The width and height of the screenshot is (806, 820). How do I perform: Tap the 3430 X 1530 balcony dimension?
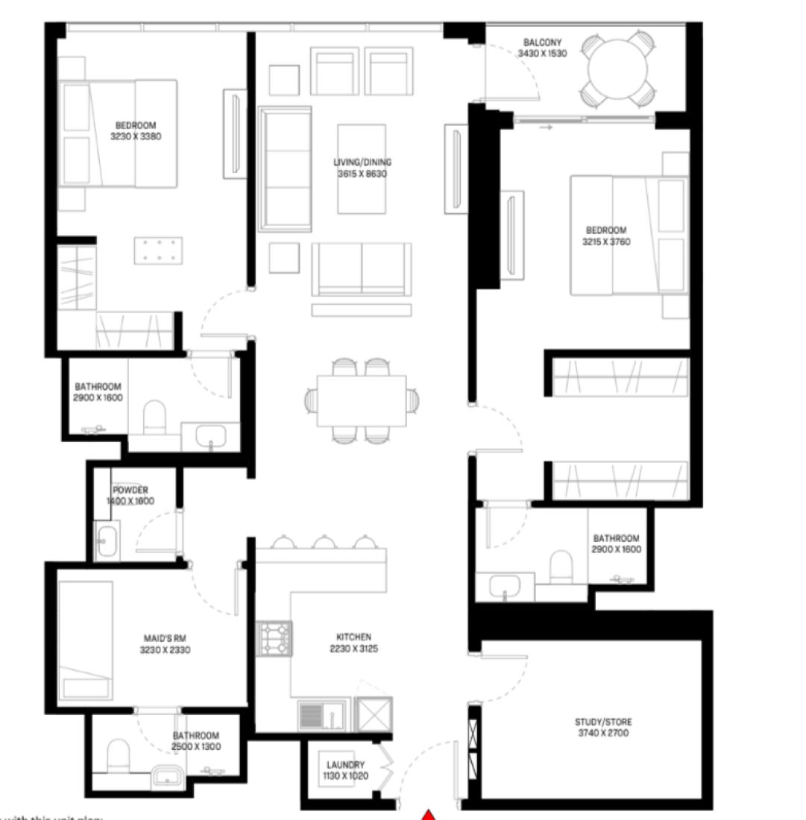point(542,54)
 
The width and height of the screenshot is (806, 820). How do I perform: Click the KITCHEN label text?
point(353,637)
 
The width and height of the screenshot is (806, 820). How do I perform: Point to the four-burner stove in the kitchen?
point(275,639)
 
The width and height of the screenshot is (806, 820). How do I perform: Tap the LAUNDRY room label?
point(345,765)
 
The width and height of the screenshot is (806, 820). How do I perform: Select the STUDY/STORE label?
point(603,722)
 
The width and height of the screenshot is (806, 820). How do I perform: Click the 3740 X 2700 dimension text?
point(603,734)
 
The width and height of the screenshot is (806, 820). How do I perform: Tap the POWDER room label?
point(130,490)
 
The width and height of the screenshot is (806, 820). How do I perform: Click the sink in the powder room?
point(108,542)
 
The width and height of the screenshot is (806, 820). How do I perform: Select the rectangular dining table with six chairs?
point(362,400)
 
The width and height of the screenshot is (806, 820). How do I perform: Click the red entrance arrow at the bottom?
point(428,813)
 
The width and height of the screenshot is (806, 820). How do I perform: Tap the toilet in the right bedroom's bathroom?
point(561,567)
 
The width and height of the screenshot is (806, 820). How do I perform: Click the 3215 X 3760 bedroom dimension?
point(605,242)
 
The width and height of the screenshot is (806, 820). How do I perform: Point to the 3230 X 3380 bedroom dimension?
point(136,136)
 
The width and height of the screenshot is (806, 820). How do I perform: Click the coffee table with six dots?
point(159,250)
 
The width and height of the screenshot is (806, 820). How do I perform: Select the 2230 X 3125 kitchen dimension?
point(353,649)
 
